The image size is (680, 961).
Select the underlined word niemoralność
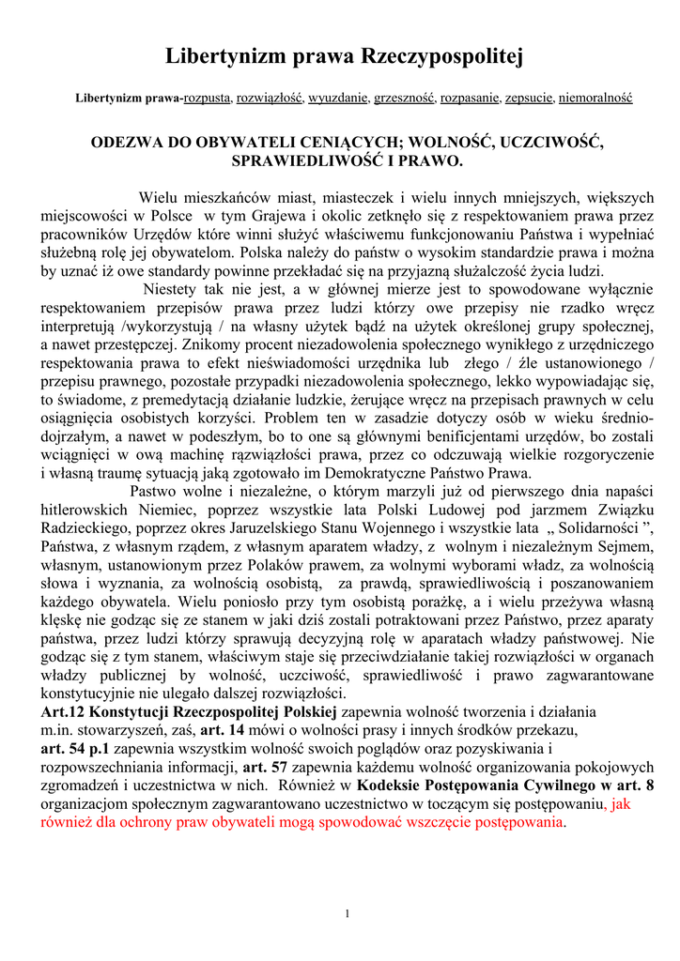(596, 98)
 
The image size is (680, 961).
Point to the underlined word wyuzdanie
(336, 98)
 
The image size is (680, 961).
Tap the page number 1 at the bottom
(348, 915)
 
